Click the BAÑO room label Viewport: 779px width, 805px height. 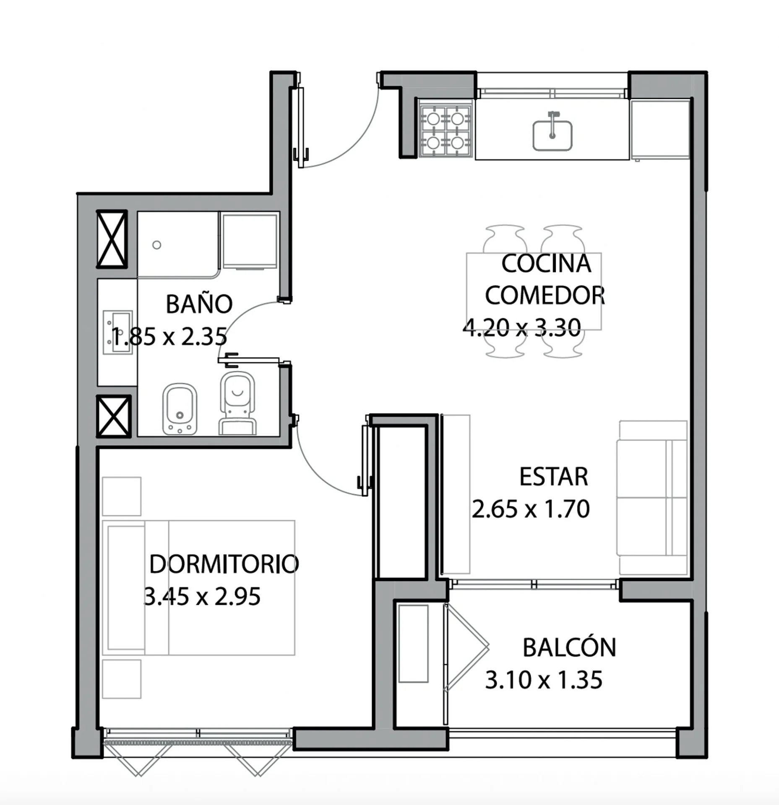(x=199, y=304)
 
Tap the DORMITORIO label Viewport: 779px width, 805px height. (x=224, y=564)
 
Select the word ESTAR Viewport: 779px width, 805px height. (x=554, y=477)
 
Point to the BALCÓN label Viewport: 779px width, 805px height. (x=569, y=647)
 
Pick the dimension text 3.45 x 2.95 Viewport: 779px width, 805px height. (x=202, y=596)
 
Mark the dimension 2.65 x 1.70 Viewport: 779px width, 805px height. (x=531, y=509)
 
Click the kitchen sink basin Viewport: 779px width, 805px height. (x=552, y=135)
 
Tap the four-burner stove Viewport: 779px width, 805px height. (x=446, y=131)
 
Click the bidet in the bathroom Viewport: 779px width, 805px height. (x=180, y=409)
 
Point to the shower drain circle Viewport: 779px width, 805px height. (x=157, y=245)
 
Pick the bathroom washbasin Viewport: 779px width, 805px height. (x=118, y=332)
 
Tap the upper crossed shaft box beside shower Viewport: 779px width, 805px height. (x=112, y=239)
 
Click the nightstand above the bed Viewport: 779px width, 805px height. (x=122, y=496)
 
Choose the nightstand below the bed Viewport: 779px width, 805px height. (x=122, y=679)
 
